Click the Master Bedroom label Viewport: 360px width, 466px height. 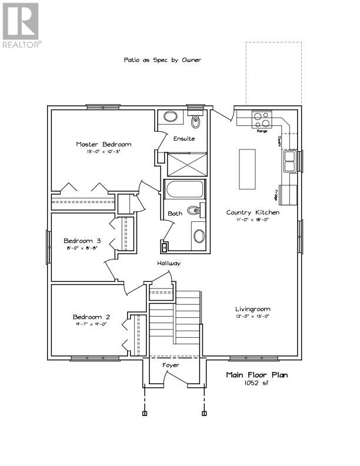pos(104,144)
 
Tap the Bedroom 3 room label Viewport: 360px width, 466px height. pos(82,241)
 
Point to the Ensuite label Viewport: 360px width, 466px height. pos(184,139)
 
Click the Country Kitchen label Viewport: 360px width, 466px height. pos(253,212)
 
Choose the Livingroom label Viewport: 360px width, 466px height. pos(253,309)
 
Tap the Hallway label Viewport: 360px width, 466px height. pos(168,263)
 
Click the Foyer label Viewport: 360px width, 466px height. pos(171,365)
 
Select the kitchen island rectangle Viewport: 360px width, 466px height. pos(247,169)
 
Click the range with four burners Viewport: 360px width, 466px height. pos(262,119)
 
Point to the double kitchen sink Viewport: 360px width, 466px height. pos(290,159)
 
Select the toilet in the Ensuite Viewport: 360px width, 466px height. pos(196,121)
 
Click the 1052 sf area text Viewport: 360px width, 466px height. pos(257,383)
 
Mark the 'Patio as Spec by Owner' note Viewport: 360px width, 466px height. pos(162,59)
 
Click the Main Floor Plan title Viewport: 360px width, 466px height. pos(257,375)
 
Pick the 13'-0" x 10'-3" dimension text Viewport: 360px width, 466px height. pos(104,152)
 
